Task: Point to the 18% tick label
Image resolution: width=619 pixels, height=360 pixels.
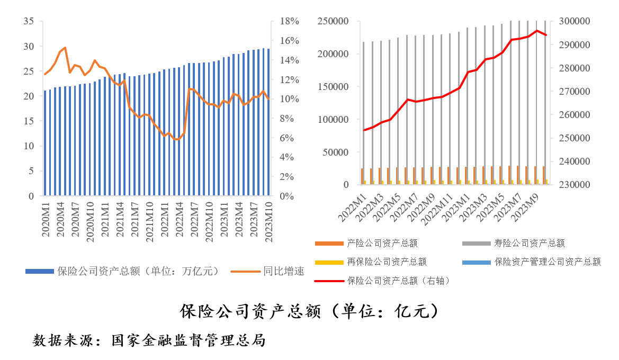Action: (290, 21)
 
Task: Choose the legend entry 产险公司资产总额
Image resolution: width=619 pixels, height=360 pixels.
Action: (382, 244)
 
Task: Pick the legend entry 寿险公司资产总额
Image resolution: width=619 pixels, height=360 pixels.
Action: (529, 244)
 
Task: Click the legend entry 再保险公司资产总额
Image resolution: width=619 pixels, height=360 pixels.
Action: (387, 262)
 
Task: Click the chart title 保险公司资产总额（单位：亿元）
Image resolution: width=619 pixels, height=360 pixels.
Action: (309, 311)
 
